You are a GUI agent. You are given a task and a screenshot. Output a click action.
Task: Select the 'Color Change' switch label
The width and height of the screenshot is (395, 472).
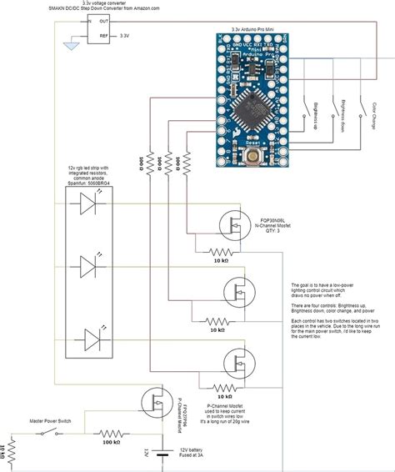tap(374, 116)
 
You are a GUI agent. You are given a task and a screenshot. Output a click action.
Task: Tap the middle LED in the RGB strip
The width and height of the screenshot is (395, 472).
tap(89, 268)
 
